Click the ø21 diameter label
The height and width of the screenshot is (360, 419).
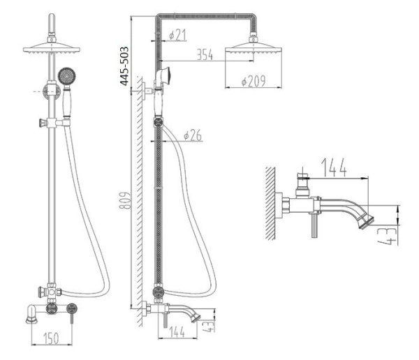pos(177,35)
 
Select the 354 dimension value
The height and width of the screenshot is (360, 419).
pos(205,54)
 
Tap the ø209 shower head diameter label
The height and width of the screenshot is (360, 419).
pos(253,81)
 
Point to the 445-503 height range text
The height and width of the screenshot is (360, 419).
pos(124,66)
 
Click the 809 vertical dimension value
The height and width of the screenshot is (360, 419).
pos(125,200)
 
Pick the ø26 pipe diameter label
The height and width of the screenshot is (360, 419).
pos(193,135)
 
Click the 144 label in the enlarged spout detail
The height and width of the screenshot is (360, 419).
pos(334,167)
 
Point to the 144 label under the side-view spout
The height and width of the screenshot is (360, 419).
pos(177,332)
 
